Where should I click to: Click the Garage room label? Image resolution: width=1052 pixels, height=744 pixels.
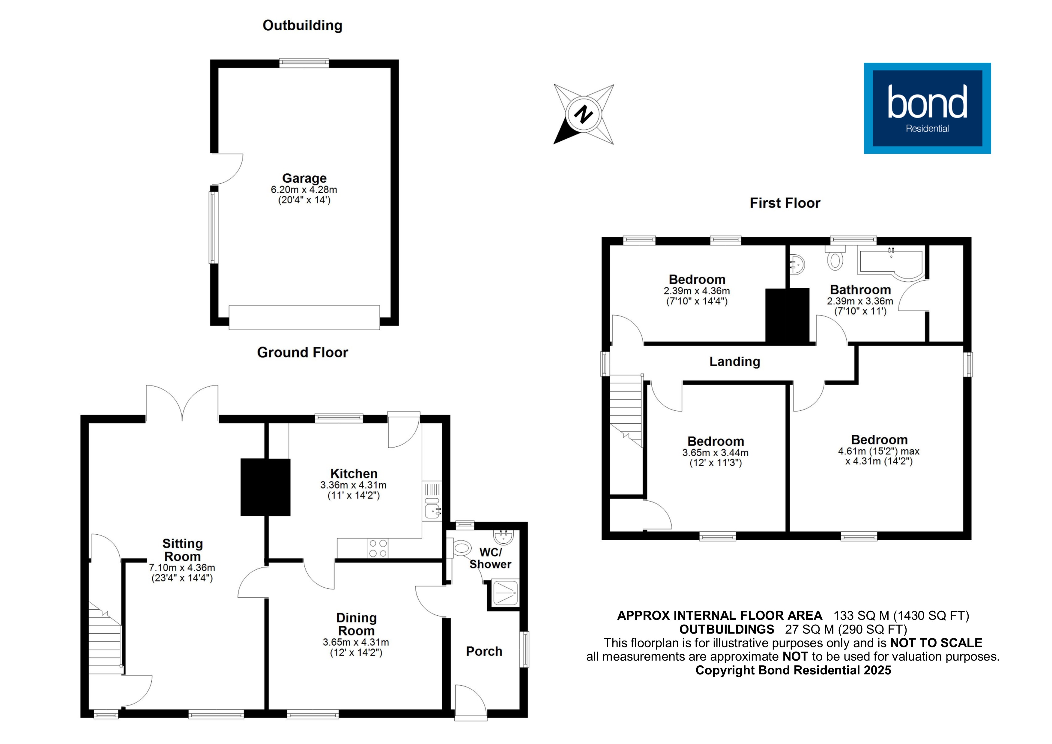[x=304, y=178]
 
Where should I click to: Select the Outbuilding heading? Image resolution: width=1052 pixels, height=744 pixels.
[x=302, y=26]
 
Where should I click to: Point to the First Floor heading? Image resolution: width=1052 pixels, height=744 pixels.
[x=785, y=203]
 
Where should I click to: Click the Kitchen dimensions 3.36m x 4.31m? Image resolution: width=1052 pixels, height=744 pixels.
[x=353, y=485]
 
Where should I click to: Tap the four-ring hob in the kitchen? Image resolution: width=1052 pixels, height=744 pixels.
[x=378, y=549]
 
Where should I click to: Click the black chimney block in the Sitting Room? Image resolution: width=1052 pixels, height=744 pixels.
[x=265, y=487]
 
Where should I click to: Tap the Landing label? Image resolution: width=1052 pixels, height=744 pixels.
[x=734, y=362]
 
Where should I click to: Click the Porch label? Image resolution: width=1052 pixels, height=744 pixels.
[x=484, y=651]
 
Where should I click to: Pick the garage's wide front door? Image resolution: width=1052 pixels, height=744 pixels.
[x=304, y=317]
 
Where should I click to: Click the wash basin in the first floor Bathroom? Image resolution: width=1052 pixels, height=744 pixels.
[x=798, y=265]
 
